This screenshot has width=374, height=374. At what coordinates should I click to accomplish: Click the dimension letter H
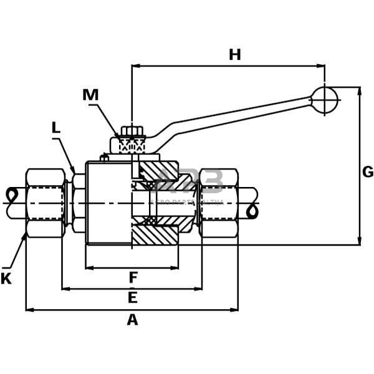[x=234, y=55]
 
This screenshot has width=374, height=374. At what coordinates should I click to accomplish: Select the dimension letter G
[x=367, y=172]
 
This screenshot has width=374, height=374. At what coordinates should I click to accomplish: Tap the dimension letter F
[x=133, y=277]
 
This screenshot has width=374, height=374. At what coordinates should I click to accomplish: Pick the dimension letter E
[x=132, y=298]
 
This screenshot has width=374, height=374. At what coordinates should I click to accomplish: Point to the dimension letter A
[x=132, y=320]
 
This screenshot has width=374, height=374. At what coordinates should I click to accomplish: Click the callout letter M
[x=90, y=95]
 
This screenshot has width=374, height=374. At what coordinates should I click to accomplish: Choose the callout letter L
[x=56, y=128]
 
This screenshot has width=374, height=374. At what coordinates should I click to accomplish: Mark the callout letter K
[x=6, y=279]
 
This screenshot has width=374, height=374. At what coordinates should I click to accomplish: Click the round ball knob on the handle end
[x=324, y=100]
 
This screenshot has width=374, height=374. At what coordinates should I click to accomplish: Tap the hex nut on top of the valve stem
[x=132, y=132]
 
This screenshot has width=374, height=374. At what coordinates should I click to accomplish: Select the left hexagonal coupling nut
[x=46, y=203]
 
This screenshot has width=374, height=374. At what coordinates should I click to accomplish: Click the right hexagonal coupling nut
[x=219, y=203]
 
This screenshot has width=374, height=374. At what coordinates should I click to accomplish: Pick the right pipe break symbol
[x=252, y=211]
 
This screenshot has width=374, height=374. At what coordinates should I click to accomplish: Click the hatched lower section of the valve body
[x=155, y=235]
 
